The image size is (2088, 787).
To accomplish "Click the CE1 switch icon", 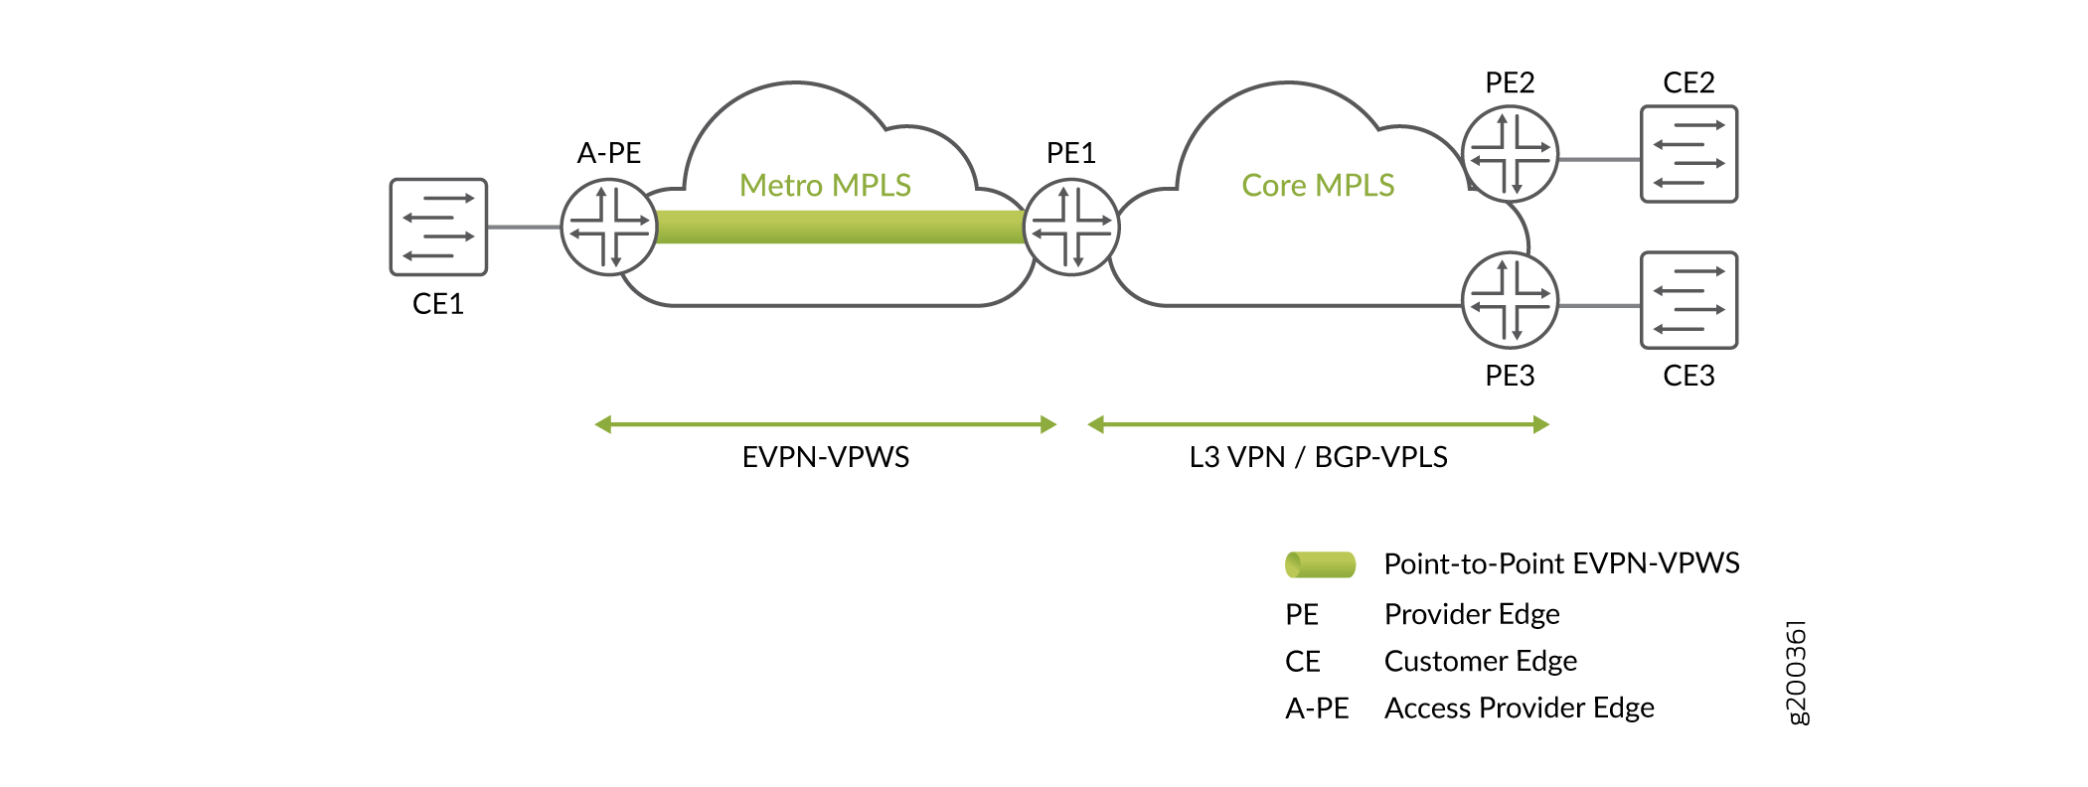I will pyautogui.click(x=438, y=227).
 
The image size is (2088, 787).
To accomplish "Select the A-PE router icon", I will pyautogui.click(x=609, y=227).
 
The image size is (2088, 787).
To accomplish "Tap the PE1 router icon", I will pyautogui.click(x=1071, y=227).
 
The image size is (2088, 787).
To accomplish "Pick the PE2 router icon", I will pyautogui.click(x=1510, y=154).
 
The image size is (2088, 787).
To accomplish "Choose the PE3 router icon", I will pyautogui.click(x=1510, y=300).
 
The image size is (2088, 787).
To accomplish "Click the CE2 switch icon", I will pyautogui.click(x=1688, y=154).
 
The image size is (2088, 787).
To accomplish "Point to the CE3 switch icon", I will pyautogui.click(x=1688, y=300).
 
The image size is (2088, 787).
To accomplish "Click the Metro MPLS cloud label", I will pyautogui.click(x=825, y=186).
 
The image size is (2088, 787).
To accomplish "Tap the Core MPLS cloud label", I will pyautogui.click(x=1318, y=186).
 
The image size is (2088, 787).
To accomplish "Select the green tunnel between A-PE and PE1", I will pyautogui.click(x=840, y=227).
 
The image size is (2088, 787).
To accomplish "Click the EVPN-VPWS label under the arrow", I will pyautogui.click(x=825, y=457).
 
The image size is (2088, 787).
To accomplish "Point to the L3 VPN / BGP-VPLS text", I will pyautogui.click(x=1318, y=457).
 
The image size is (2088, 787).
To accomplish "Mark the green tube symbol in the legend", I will pyautogui.click(x=1320, y=564).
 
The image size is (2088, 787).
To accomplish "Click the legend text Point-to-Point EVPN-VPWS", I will pyautogui.click(x=1561, y=564).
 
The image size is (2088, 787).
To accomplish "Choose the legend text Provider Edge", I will pyautogui.click(x=1472, y=614).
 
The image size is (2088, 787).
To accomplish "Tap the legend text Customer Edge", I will pyautogui.click(x=1480, y=661).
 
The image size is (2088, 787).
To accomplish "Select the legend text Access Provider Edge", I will pyautogui.click(x=1519, y=708).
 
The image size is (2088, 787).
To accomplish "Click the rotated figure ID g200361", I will pyautogui.click(x=1797, y=673).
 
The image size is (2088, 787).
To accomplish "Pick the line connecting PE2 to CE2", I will pyautogui.click(x=1599, y=159).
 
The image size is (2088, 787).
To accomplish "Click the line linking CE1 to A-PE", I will pyautogui.click(x=524, y=227).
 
